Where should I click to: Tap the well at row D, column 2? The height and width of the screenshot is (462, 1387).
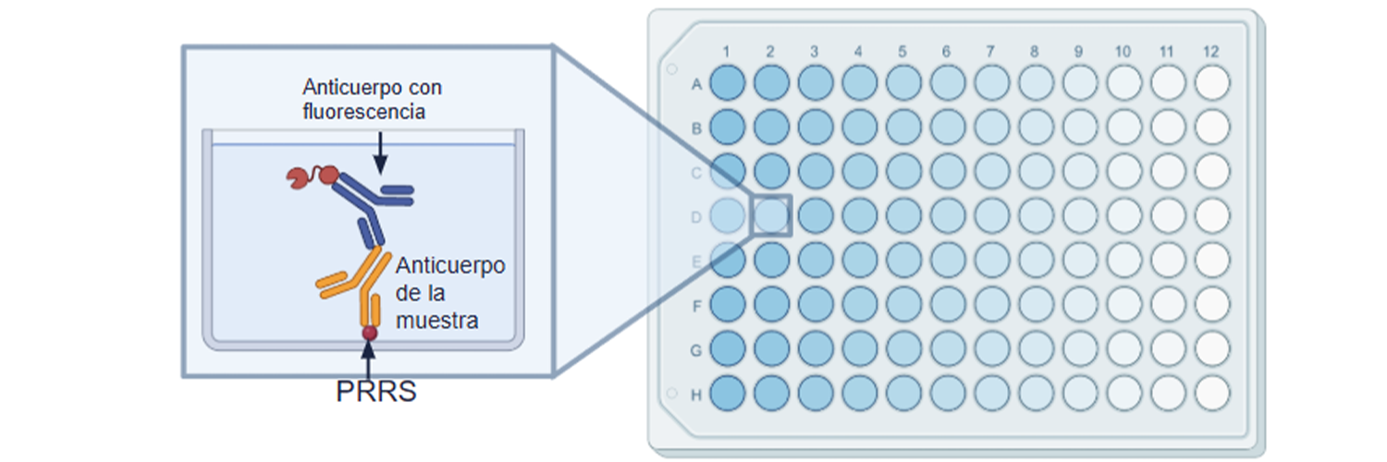771,215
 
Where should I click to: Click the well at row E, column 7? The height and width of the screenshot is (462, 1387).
991,260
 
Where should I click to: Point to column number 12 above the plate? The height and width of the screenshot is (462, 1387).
1212,50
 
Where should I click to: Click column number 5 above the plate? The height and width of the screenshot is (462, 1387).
902,50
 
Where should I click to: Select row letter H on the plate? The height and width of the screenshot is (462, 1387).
697,395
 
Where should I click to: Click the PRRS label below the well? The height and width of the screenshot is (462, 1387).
375,392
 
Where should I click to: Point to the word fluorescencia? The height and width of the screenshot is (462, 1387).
363,113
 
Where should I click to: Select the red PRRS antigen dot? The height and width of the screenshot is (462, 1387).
369,332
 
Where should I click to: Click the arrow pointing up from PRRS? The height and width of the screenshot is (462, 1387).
369,359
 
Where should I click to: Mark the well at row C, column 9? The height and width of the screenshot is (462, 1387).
1079,172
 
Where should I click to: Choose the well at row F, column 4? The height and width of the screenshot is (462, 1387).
859,304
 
